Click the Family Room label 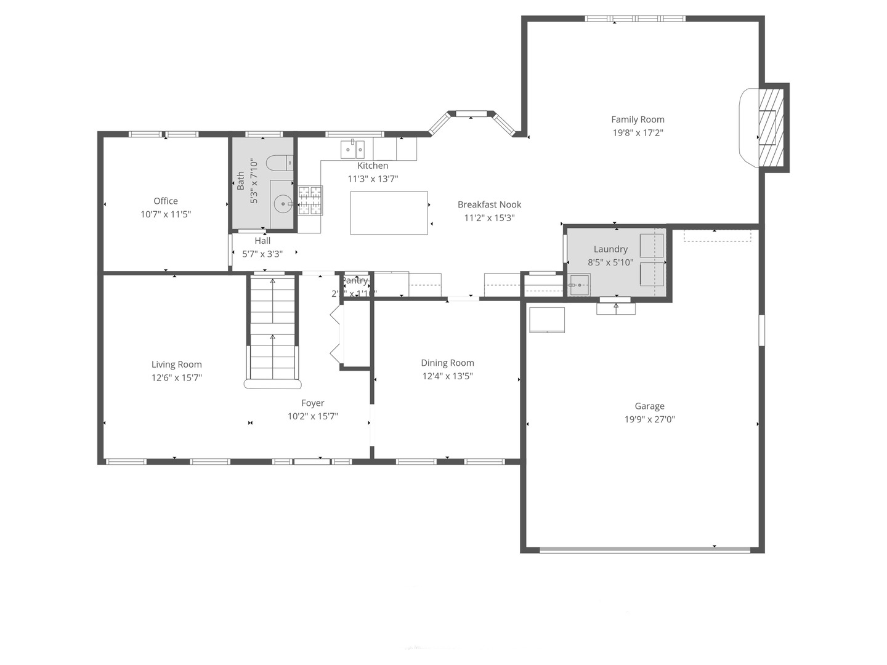(x=638, y=119)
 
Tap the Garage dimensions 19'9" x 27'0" (x=649, y=419)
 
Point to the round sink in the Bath (x=283, y=203)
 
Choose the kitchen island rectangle (x=389, y=213)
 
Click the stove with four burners (x=310, y=201)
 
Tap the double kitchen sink (x=353, y=149)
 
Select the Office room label (x=166, y=201)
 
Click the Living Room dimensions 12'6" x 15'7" (x=177, y=377)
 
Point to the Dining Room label (x=447, y=363)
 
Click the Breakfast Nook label (x=489, y=204)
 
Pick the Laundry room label (x=610, y=249)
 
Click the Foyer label (x=313, y=403)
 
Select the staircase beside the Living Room (x=273, y=329)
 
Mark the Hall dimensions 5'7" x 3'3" (x=262, y=254)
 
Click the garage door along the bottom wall (x=644, y=550)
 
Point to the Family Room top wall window (x=634, y=18)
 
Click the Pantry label (x=355, y=281)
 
